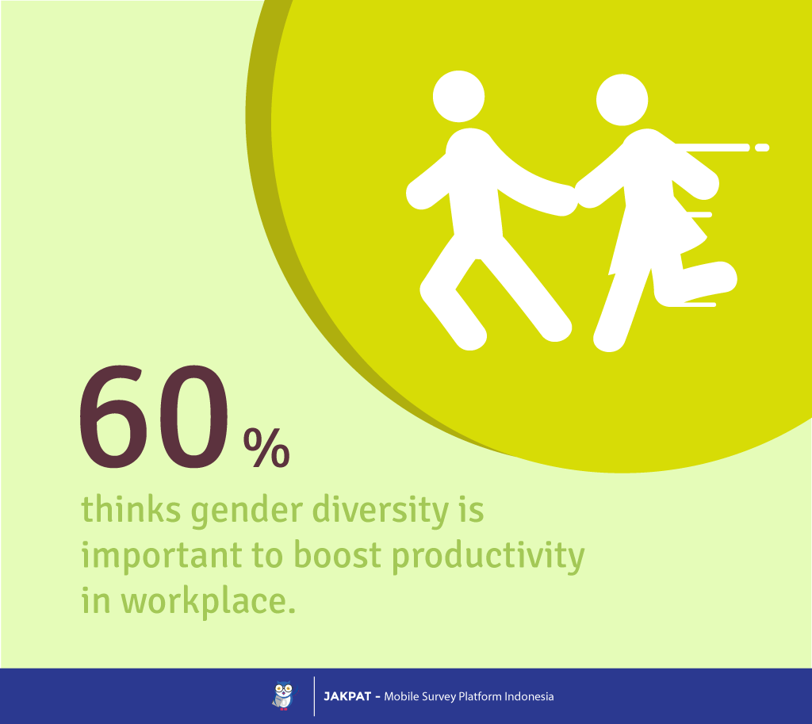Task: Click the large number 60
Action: (154, 417)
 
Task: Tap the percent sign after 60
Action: (266, 447)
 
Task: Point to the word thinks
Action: (131, 508)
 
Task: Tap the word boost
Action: (338, 554)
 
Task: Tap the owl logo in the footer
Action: (284, 695)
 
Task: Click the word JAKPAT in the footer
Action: (347, 696)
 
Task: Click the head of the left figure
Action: (458, 96)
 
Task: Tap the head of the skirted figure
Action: (622, 100)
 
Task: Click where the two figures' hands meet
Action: (576, 197)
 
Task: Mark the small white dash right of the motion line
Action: (762, 147)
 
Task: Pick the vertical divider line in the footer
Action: (314, 696)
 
